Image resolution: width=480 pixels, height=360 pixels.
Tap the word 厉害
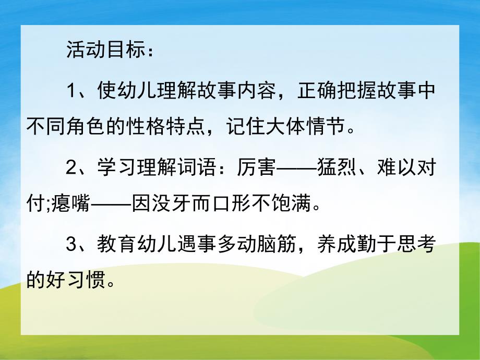[x=258, y=168]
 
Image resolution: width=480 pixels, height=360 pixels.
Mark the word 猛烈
[x=333, y=168]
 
